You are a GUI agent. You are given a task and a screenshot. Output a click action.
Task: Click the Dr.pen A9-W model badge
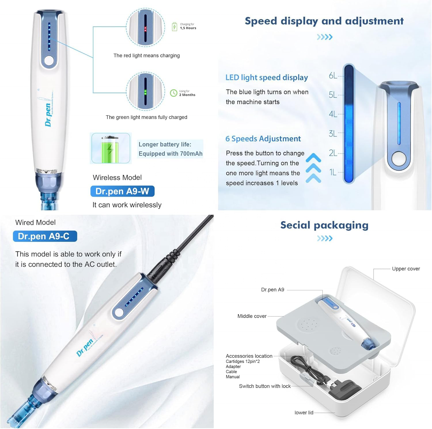click(x=122, y=191)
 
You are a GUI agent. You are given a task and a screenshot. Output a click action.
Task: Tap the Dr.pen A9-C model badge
click(x=45, y=236)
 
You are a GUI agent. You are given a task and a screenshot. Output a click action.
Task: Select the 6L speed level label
click(x=333, y=76)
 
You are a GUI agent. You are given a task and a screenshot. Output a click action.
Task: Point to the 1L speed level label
click(x=333, y=172)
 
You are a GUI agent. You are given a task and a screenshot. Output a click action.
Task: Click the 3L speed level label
click(x=333, y=134)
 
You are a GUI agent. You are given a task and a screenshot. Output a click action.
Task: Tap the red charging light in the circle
click(x=145, y=29)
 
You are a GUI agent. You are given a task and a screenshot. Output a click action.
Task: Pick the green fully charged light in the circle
click(x=145, y=92)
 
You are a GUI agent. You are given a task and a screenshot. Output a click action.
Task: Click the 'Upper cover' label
click(x=406, y=269)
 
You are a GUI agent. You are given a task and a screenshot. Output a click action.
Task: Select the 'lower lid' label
click(x=304, y=413)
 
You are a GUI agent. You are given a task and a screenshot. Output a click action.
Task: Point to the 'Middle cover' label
click(x=252, y=316)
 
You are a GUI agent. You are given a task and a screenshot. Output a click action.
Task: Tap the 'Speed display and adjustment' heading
click(x=324, y=21)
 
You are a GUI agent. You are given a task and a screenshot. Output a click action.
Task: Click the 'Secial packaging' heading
click(x=325, y=225)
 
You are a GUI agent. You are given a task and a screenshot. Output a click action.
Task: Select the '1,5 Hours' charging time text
click(x=188, y=28)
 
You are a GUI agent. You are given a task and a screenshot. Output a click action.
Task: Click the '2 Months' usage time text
click(x=187, y=95)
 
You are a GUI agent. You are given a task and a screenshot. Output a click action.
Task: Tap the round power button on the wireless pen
click(x=49, y=61)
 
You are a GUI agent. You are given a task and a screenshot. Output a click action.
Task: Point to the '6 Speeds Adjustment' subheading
click(x=263, y=139)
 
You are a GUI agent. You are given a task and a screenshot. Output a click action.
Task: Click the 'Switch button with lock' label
click(x=265, y=386)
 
